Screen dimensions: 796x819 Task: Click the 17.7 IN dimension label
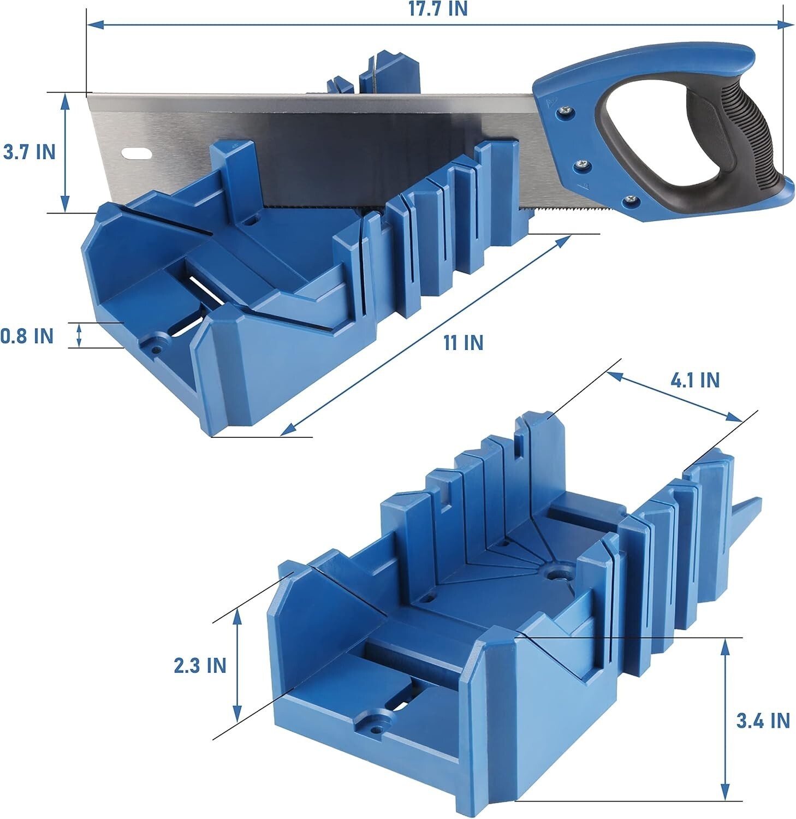click(439, 9)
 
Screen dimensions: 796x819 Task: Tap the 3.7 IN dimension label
click(29, 152)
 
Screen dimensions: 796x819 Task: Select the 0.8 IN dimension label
click(27, 336)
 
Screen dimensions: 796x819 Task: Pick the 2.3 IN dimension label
click(200, 666)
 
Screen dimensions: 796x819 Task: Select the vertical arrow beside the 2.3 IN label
click(237, 665)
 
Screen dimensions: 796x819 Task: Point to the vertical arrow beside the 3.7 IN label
click(66, 152)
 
